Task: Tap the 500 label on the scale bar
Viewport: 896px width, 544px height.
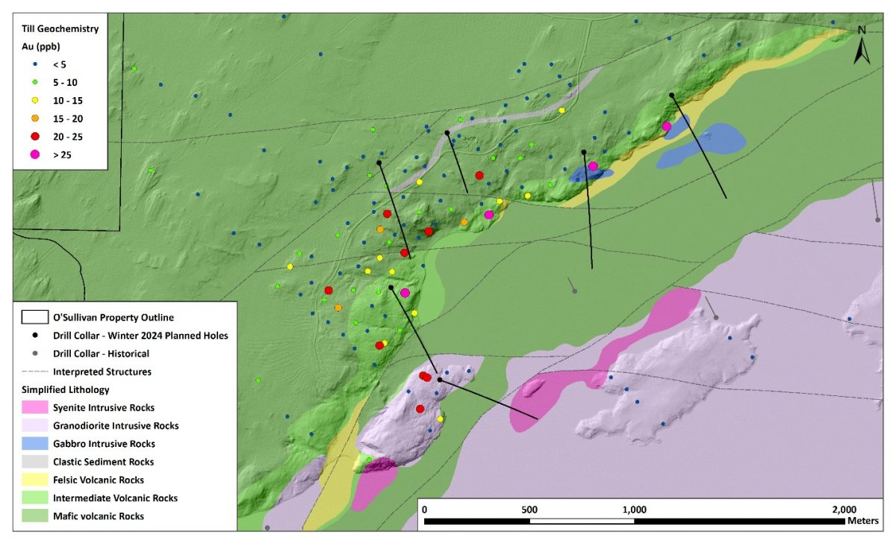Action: (529, 509)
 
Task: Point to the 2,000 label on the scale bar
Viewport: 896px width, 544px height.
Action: (844, 509)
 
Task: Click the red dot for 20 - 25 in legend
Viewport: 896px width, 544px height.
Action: (34, 137)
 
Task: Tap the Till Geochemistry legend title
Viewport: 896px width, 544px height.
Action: (60, 29)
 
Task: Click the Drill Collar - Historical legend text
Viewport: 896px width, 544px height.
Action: (101, 353)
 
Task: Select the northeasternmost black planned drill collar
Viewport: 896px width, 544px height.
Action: (671, 95)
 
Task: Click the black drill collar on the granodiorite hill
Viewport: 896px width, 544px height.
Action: (439, 380)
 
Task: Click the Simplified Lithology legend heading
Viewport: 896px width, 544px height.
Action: (66, 389)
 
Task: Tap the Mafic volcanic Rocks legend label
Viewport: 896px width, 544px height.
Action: (99, 516)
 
